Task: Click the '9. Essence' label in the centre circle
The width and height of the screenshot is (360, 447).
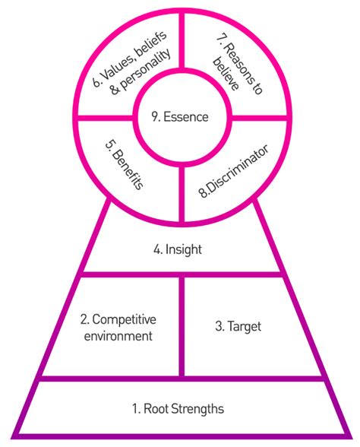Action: [x=180, y=117]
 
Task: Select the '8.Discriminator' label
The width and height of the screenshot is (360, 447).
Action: [x=233, y=171]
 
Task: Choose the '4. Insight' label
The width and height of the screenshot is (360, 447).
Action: [x=178, y=249]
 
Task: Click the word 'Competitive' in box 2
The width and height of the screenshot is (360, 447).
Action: [x=124, y=319]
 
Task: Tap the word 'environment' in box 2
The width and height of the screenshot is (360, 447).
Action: [x=118, y=336]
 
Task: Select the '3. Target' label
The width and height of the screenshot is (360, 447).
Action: [x=238, y=326]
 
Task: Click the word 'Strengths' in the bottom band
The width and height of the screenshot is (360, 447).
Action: [x=198, y=408]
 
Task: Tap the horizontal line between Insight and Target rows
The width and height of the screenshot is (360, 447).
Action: [x=182, y=274]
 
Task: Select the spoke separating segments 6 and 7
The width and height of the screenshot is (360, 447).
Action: [x=182, y=40]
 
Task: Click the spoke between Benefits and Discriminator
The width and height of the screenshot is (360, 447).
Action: [x=182, y=194]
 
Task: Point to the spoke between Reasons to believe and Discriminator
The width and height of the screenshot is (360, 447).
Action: [x=260, y=118]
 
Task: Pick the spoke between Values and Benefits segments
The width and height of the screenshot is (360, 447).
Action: [x=105, y=118]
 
